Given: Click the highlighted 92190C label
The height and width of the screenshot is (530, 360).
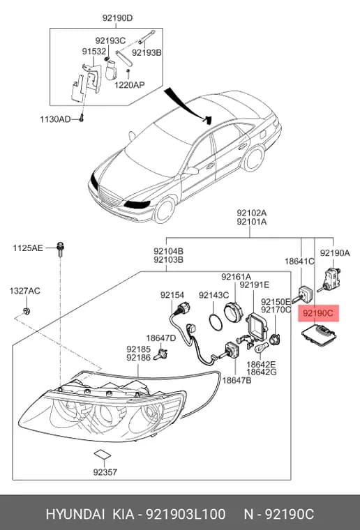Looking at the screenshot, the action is click(x=317, y=313).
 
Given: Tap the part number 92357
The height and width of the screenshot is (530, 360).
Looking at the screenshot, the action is click(x=105, y=471).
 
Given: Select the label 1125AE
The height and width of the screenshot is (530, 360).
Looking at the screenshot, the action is click(x=28, y=248).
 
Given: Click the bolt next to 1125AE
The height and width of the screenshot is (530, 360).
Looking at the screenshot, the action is click(x=61, y=249).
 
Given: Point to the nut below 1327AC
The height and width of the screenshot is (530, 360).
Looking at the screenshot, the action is click(x=27, y=310).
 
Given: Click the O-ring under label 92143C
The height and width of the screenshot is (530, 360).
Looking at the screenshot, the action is click(x=216, y=322).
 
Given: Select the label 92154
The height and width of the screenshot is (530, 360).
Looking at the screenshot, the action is click(x=172, y=295).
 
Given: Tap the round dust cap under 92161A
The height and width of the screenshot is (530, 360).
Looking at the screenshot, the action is click(x=234, y=310).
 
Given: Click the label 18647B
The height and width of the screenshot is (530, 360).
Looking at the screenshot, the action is click(x=237, y=380).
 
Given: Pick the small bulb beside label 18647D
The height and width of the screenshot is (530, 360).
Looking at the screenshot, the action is click(x=161, y=354).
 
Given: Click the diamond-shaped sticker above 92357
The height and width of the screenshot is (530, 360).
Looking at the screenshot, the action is click(x=102, y=454).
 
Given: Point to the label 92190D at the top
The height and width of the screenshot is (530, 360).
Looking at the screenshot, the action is click(x=118, y=18).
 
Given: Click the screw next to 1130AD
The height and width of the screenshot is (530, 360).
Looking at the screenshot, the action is click(x=81, y=119).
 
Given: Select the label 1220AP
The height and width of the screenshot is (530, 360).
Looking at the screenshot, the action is click(x=129, y=84).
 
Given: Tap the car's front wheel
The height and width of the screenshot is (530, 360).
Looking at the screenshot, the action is click(x=164, y=210).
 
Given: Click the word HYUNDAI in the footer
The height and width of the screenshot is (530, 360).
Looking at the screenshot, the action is click(x=75, y=514).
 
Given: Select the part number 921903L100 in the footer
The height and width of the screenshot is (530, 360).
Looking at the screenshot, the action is click(x=186, y=514).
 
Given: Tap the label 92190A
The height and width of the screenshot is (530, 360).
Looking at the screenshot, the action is click(x=335, y=253).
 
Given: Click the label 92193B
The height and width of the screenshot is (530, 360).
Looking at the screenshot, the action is click(x=147, y=53).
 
